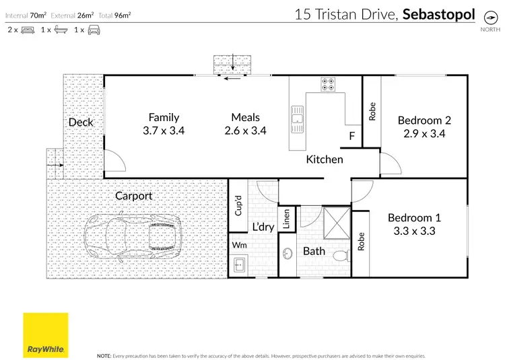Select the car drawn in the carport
(x=133, y=238)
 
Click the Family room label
(x=164, y=117)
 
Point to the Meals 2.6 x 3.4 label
(x=245, y=131)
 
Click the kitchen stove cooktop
(x=328, y=84)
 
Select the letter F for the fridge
(x=351, y=137)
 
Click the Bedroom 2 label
(x=424, y=120)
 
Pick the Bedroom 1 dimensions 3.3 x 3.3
(x=415, y=231)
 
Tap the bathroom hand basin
(x=288, y=254)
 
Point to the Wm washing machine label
(x=238, y=245)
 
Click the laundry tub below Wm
(x=239, y=266)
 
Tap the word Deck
(x=81, y=122)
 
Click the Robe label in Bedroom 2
(x=372, y=111)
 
